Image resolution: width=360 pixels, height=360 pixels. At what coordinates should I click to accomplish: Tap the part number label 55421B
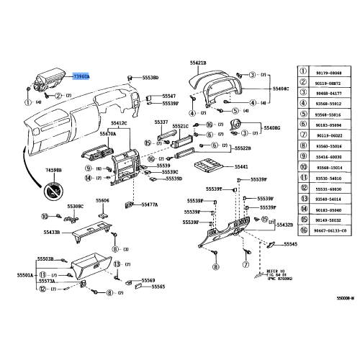tap(199, 63)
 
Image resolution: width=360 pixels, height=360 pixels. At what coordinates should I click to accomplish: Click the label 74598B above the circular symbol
tap(54, 171)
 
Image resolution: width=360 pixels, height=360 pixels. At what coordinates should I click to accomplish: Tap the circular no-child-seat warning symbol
tap(55, 191)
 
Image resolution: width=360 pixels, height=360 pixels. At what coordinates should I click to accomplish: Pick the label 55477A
tap(149, 204)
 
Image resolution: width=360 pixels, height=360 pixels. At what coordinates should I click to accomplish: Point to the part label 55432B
tap(284, 225)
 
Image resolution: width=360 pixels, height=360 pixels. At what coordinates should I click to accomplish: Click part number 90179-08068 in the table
tap(331, 73)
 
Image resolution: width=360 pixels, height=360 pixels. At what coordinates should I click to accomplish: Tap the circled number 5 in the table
tap(305, 114)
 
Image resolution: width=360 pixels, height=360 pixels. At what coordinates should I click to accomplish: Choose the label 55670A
tap(108, 133)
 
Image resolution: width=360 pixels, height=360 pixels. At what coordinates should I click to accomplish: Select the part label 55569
tap(148, 280)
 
